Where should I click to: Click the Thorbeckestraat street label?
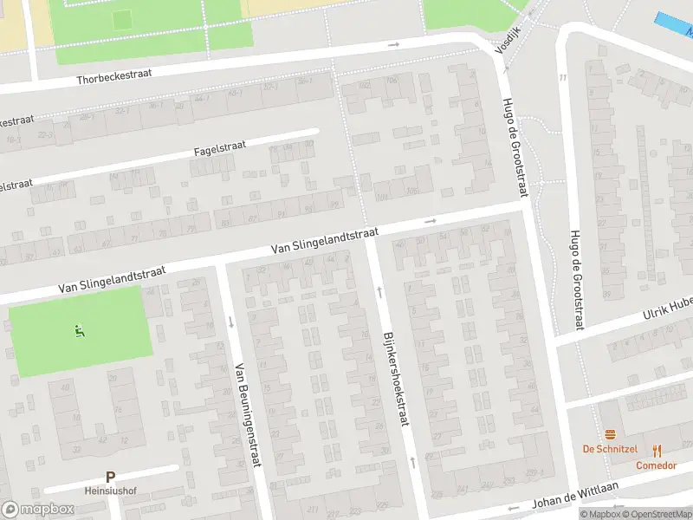[x=113, y=75]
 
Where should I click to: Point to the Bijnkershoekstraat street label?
[x=395, y=379]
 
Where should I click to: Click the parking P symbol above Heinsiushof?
[x=110, y=477]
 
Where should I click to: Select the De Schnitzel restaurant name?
[x=610, y=449]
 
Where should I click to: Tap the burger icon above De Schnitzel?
[x=611, y=434]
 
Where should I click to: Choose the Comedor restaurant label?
[x=656, y=465]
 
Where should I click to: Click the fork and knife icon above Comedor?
[x=657, y=450]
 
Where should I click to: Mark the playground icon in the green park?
[x=80, y=329]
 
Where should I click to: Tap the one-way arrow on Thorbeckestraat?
[x=393, y=44]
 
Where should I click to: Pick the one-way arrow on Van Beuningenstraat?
[x=230, y=322]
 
